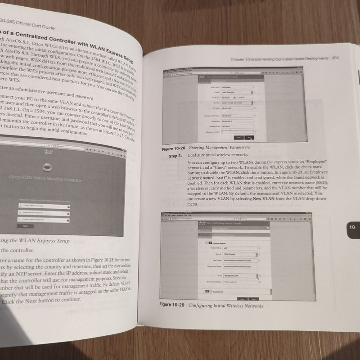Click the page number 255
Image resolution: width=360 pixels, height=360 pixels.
(x=335, y=58)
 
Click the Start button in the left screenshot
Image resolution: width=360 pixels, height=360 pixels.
(x=26, y=225)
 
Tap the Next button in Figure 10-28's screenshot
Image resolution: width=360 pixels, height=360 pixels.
(x=249, y=137)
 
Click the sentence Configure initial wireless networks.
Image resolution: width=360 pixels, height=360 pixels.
(x=222, y=156)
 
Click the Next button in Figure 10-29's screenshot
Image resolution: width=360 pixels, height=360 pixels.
(x=254, y=298)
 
